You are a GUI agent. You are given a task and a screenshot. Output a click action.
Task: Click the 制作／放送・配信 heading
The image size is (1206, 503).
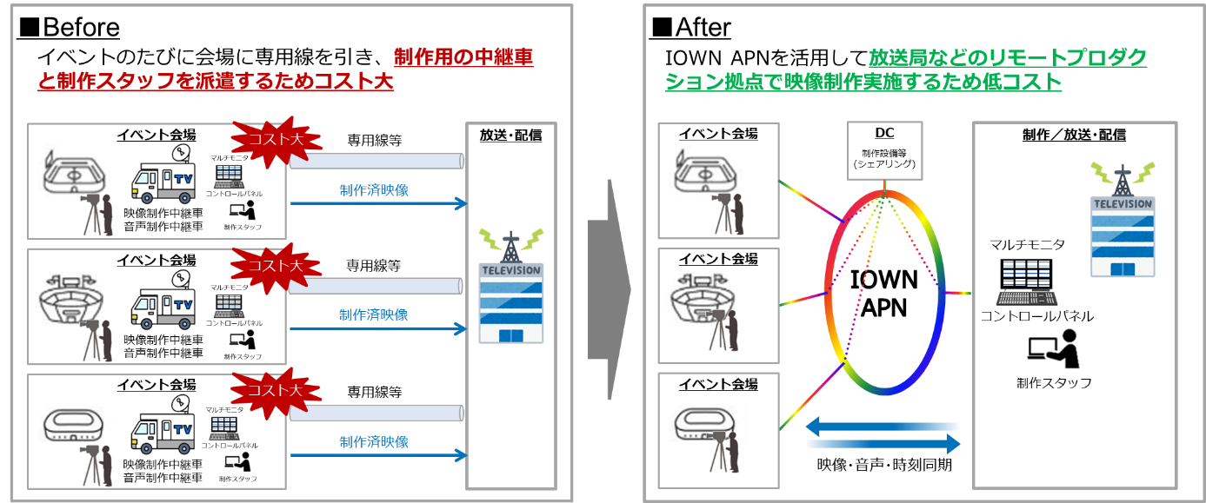(1074, 135)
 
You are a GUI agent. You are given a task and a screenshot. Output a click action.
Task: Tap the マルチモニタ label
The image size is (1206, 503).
(1027, 245)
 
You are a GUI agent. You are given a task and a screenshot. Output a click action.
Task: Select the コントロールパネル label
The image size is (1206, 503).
(1036, 316)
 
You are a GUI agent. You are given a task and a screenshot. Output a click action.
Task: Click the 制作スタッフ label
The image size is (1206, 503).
(1053, 382)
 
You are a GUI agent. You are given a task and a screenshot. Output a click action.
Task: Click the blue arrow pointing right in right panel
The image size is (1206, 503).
(883, 444)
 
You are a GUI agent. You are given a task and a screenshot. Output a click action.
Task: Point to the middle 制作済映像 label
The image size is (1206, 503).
(374, 315)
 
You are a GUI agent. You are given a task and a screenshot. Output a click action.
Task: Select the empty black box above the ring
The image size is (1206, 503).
(885, 150)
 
